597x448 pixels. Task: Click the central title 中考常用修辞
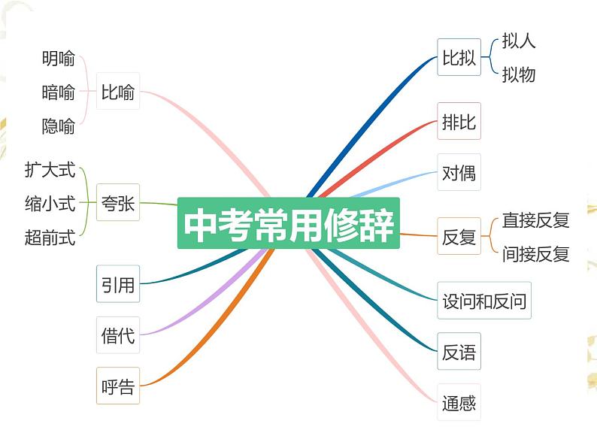(x=289, y=223)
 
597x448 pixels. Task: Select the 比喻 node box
(x=118, y=92)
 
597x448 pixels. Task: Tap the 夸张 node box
(x=118, y=202)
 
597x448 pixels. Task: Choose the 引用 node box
(x=118, y=284)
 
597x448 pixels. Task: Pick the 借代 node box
(x=118, y=335)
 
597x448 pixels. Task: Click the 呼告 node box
(x=118, y=386)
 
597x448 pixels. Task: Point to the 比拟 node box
(x=459, y=58)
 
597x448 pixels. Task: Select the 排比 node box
(x=459, y=122)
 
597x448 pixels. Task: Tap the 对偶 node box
(x=459, y=174)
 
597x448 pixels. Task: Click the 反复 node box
(x=459, y=237)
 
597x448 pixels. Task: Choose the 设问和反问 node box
(x=484, y=301)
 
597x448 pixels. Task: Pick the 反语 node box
(x=459, y=353)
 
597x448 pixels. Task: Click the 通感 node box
(x=459, y=403)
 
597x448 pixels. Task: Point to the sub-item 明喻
(x=59, y=58)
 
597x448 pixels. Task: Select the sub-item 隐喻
(x=59, y=126)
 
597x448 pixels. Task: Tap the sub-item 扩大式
(x=50, y=170)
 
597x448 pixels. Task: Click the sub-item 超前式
(x=50, y=238)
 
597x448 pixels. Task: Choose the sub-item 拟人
(x=519, y=41)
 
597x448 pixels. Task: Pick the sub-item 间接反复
(x=535, y=254)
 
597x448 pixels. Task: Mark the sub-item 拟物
(x=519, y=74)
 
